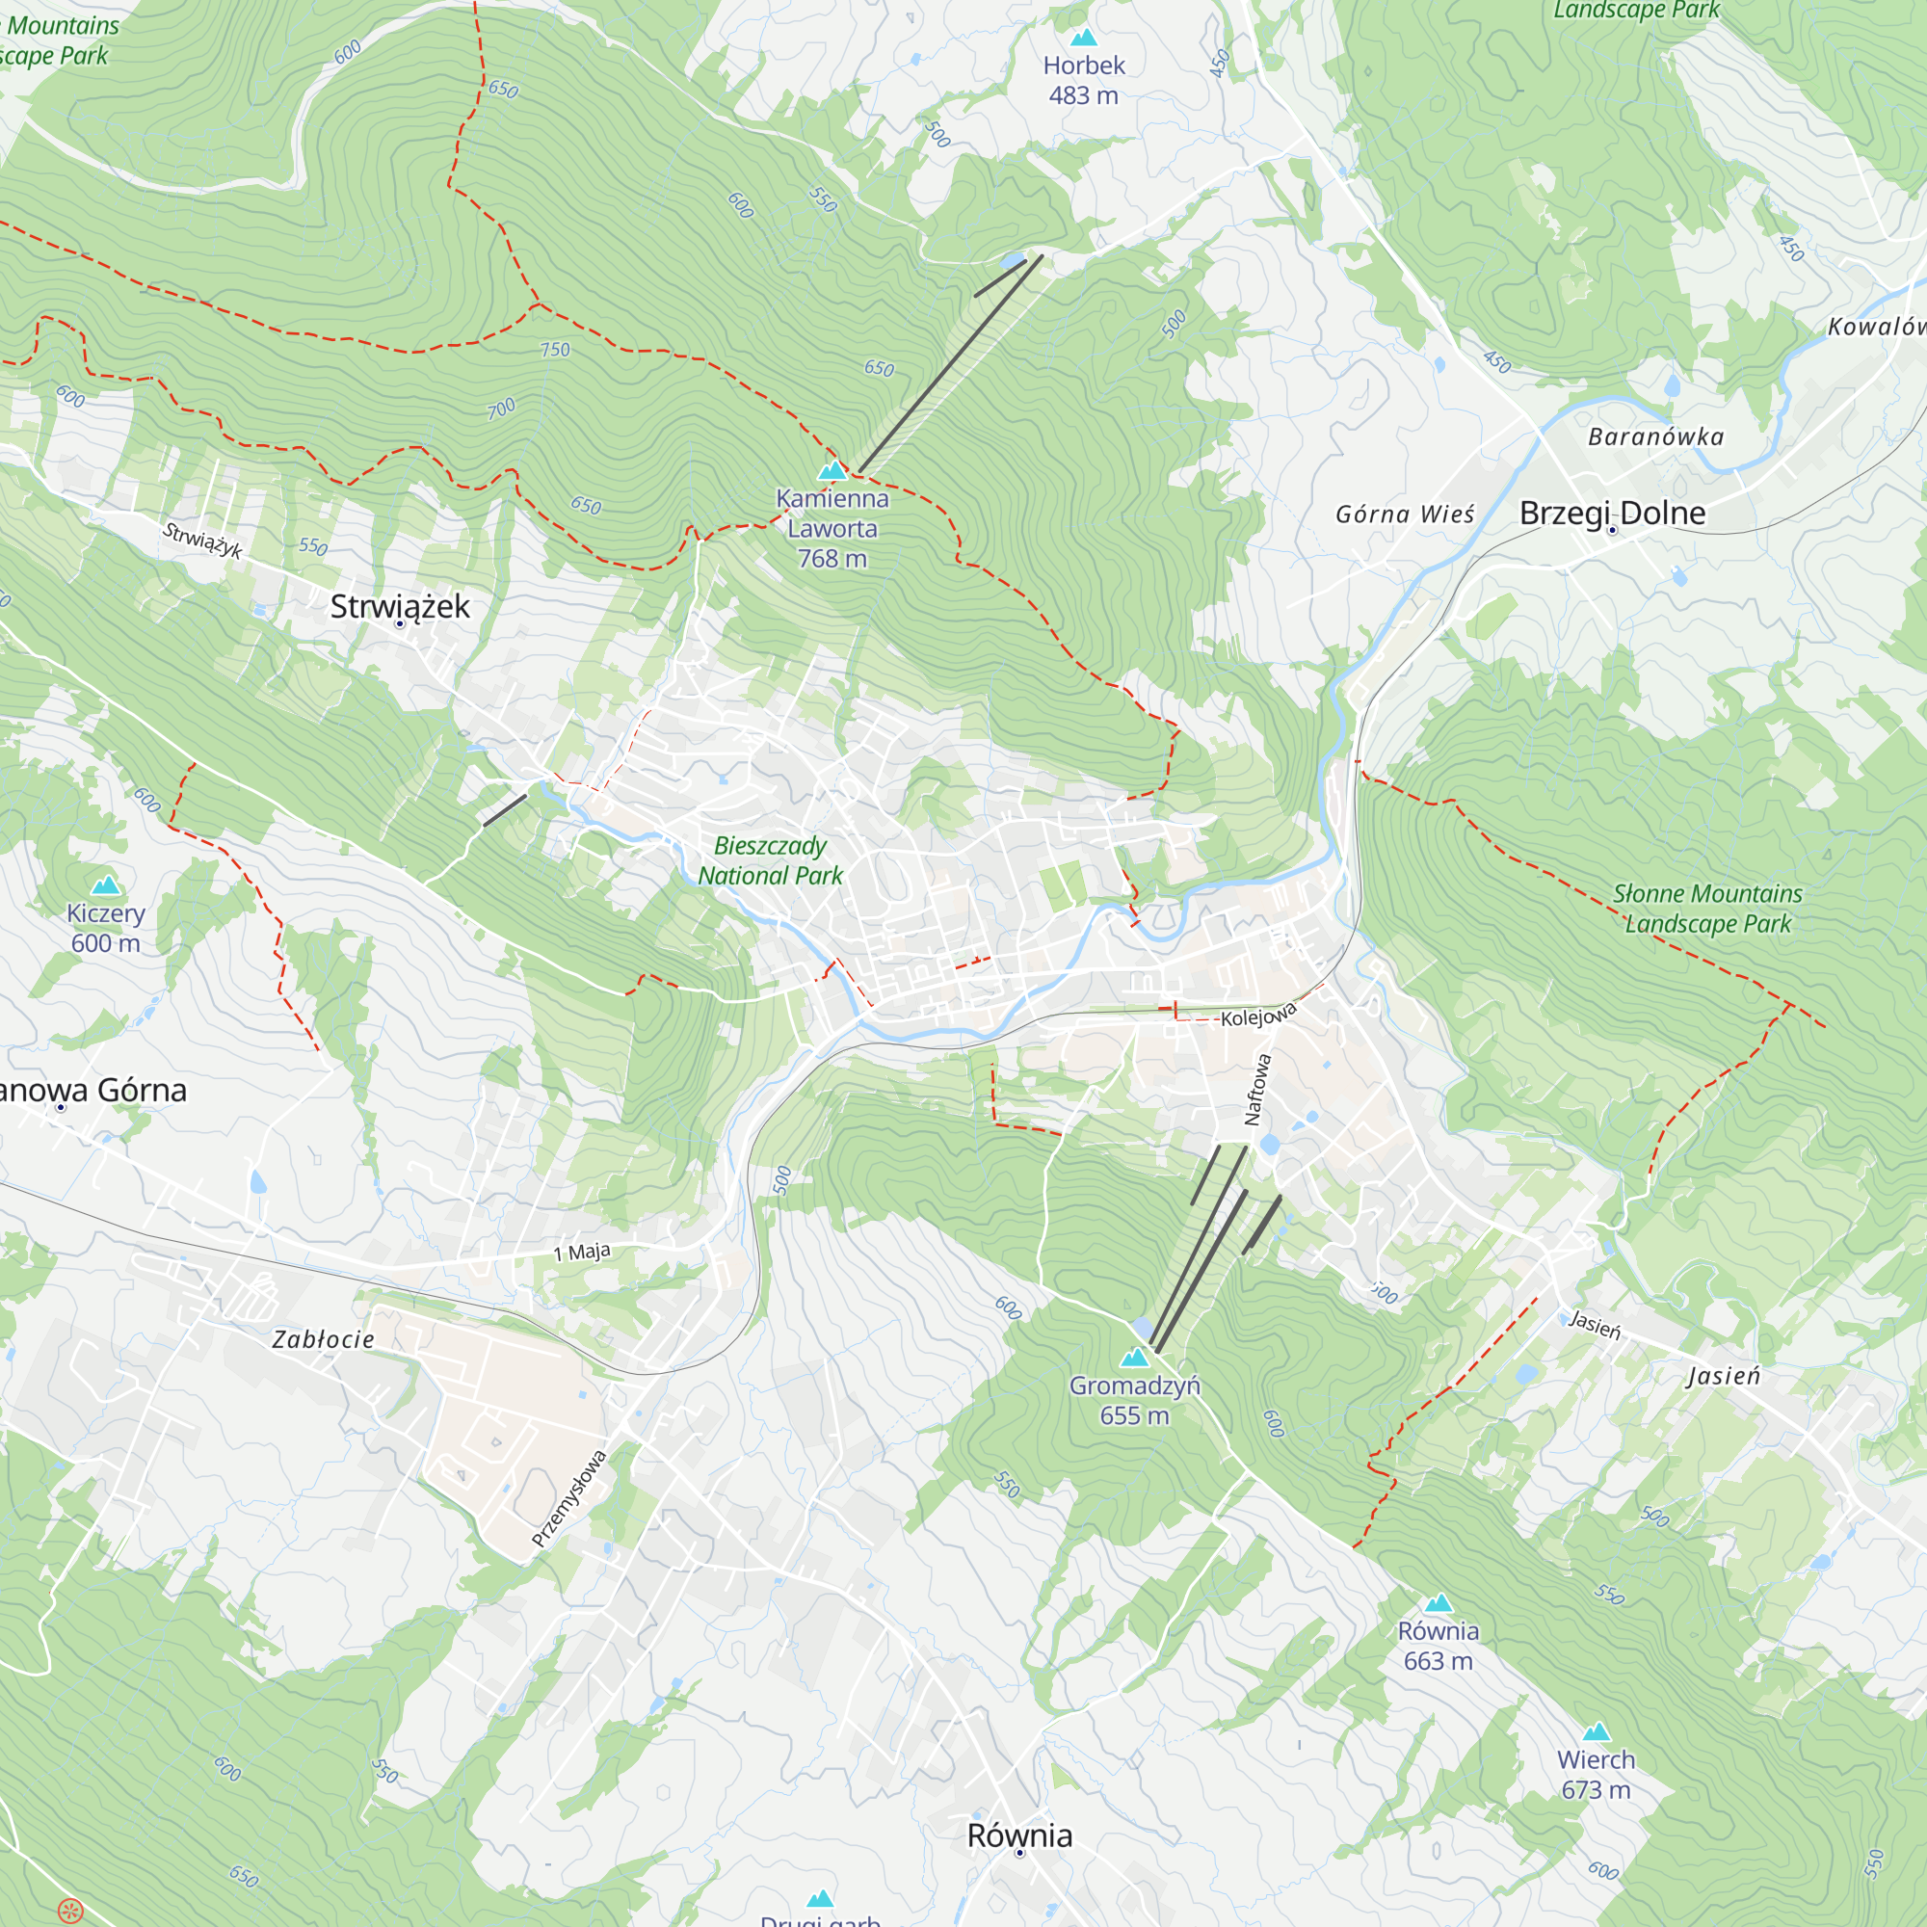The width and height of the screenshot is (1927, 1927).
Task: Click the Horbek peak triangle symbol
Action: pos(1083,38)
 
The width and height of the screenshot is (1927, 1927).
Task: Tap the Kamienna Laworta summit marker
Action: pos(832,470)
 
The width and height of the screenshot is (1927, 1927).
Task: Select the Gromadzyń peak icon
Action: pos(1134,1358)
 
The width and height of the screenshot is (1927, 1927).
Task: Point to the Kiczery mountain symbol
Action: pos(106,885)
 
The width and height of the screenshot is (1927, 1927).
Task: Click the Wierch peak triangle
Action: pos(1596,1731)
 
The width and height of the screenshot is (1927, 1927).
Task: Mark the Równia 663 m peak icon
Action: pos(1438,1603)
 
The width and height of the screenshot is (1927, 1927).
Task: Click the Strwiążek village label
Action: pos(399,606)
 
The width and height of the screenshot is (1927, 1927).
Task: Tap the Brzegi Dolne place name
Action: pos(1612,513)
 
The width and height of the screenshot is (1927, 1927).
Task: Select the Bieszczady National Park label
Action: pos(770,859)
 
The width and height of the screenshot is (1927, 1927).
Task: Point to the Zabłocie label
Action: pos(323,1339)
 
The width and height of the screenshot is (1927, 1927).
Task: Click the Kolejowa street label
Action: pos(1257,1016)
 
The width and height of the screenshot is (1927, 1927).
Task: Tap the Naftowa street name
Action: pos(1257,1089)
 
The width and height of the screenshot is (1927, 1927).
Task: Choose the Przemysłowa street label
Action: pos(568,1498)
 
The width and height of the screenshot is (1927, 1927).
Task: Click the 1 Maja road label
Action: pos(582,1252)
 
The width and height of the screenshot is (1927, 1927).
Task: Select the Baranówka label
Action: pos(1655,436)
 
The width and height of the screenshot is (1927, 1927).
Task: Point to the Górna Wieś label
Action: pos(1405,514)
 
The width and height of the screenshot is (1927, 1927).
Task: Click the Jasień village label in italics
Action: pos(1724,1376)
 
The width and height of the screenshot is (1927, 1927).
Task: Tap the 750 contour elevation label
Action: pos(555,350)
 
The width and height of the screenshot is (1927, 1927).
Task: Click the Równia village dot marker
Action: pos(1019,1852)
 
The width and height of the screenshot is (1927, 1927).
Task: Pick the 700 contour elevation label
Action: pos(502,408)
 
